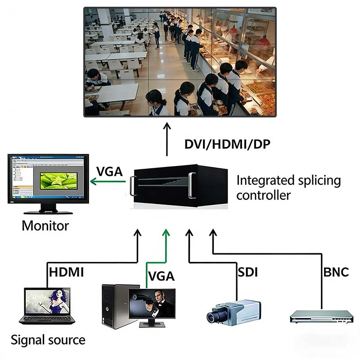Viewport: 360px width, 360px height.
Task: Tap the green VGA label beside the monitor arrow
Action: click(x=110, y=172)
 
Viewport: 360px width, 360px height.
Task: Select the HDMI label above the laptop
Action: click(x=66, y=272)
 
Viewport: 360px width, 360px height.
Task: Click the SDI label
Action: click(x=247, y=272)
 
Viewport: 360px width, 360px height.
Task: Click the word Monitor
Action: click(x=45, y=225)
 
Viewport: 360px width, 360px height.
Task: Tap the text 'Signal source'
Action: click(x=48, y=340)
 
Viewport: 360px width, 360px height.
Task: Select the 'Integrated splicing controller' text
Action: click(x=288, y=188)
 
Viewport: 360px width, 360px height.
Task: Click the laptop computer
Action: click(x=47, y=306)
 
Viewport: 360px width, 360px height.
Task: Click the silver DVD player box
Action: click(x=321, y=317)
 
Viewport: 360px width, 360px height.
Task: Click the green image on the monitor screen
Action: click(x=58, y=180)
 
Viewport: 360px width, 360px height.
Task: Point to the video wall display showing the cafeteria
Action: click(x=180, y=61)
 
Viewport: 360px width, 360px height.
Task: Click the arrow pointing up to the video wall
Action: click(x=167, y=139)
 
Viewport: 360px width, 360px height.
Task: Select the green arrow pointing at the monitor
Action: click(x=108, y=181)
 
